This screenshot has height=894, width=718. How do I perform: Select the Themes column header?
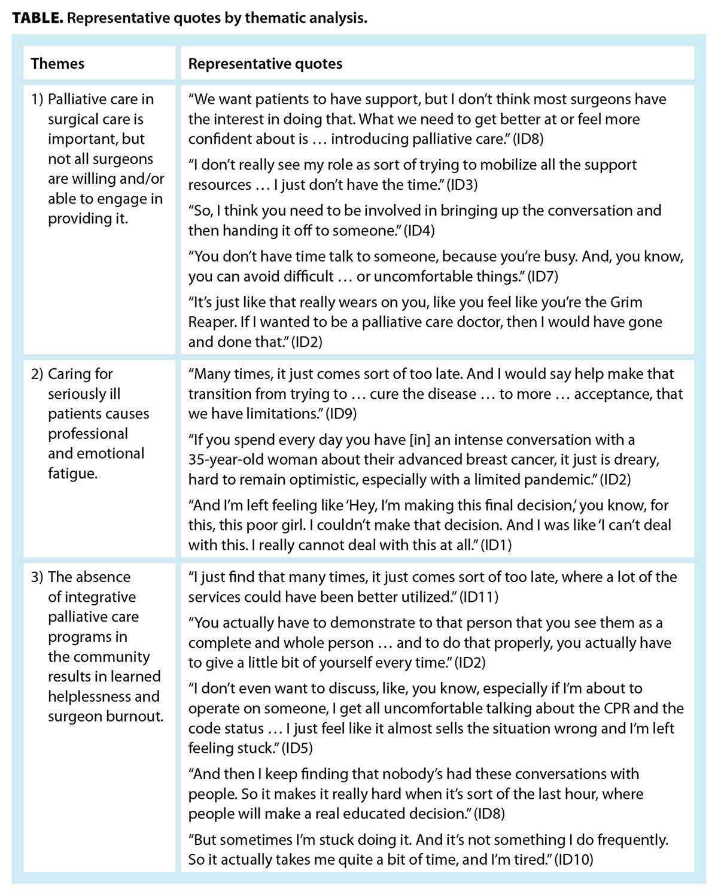(x=57, y=63)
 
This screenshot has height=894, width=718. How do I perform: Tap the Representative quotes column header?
(x=265, y=63)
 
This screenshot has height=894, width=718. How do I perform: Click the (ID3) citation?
(x=462, y=185)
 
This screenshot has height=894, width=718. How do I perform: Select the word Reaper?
(x=211, y=322)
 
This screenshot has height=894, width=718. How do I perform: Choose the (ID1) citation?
(x=497, y=545)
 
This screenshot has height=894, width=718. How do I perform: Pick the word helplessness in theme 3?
(x=92, y=696)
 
